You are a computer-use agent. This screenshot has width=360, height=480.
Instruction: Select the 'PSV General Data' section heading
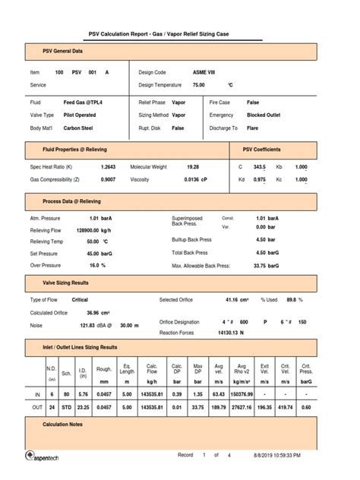point(62,52)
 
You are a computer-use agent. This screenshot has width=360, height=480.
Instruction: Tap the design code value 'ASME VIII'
point(183,71)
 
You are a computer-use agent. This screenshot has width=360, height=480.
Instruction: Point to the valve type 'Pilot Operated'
point(80,115)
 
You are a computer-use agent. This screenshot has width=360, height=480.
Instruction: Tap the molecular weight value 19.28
point(193,166)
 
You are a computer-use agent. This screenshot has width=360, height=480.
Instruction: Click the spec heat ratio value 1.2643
point(109,166)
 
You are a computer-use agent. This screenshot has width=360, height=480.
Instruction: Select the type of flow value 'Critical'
point(80,300)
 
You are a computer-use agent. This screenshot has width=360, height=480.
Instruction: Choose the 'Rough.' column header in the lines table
point(104,370)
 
